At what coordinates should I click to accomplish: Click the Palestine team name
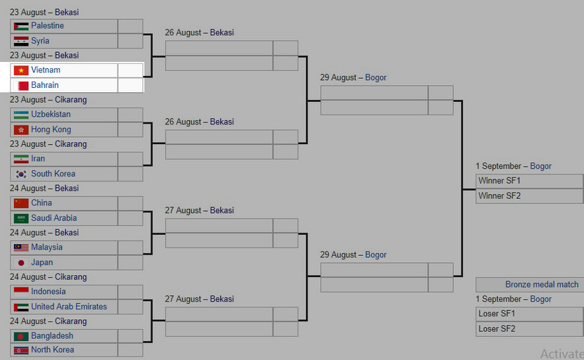click(x=47, y=26)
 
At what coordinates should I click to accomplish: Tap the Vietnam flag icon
click(x=21, y=70)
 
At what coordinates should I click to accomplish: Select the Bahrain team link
click(x=45, y=85)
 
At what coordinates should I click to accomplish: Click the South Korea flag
click(x=21, y=174)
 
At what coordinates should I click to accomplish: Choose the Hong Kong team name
click(x=51, y=129)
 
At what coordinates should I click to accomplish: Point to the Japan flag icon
click(x=21, y=262)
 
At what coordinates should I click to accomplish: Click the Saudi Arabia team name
click(x=53, y=218)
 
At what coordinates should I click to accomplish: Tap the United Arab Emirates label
click(x=69, y=307)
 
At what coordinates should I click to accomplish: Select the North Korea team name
click(x=52, y=349)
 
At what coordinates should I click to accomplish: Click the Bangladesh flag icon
click(x=21, y=336)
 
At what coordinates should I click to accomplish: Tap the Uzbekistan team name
click(x=51, y=115)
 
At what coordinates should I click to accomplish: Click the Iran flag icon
click(x=21, y=159)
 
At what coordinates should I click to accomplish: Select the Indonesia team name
click(x=49, y=292)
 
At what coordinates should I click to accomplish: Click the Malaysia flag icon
click(x=21, y=247)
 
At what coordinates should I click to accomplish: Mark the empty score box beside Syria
click(x=130, y=41)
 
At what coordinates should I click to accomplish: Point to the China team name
click(x=42, y=203)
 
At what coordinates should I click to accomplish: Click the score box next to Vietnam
click(x=130, y=70)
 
